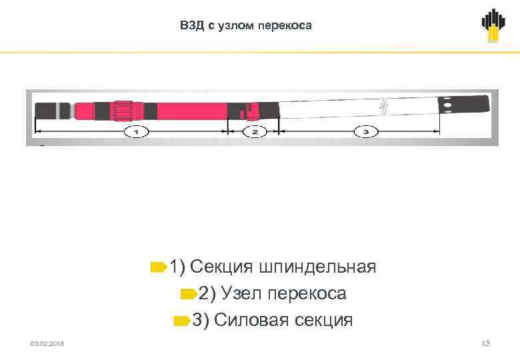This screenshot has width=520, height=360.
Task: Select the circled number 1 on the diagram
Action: [x=136, y=132]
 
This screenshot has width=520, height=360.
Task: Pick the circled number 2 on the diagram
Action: [x=254, y=132]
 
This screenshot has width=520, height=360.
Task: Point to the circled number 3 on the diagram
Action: [x=366, y=132]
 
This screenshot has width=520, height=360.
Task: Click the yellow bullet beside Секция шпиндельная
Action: [x=159, y=267]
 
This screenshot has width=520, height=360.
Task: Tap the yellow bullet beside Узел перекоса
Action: [x=188, y=294]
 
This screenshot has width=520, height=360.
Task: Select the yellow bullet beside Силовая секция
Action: [x=181, y=321]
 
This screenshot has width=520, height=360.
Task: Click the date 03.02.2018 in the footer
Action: [x=47, y=343]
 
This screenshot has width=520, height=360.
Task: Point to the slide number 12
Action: [x=485, y=343]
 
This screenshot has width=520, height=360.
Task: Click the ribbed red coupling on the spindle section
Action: [x=123, y=110]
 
